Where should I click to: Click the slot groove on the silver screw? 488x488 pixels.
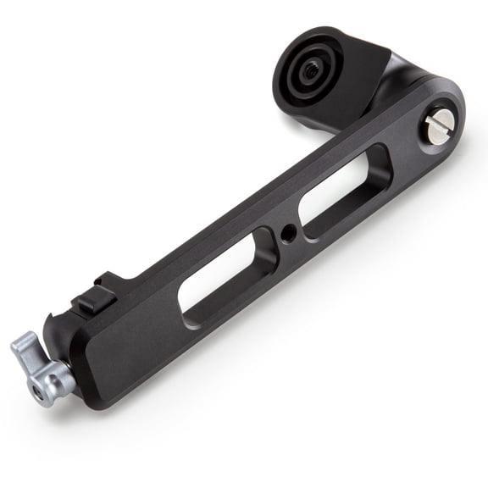(x=437, y=128)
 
